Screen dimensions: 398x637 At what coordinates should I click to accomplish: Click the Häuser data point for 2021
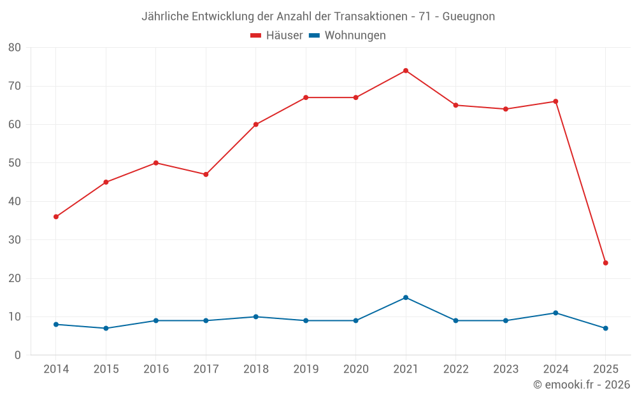point(405,71)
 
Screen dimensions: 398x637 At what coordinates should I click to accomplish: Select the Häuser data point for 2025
point(605,263)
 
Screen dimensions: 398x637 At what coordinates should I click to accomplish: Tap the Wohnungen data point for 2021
point(405,297)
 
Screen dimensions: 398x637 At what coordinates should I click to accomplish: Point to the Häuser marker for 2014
point(56,217)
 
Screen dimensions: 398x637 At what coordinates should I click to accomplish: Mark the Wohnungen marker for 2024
point(555,313)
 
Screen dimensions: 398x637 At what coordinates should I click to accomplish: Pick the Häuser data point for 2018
point(255,124)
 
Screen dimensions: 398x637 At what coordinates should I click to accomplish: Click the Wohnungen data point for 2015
point(106,328)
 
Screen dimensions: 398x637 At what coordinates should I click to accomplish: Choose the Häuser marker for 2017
point(206,174)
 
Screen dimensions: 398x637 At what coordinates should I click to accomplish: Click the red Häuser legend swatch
point(256,36)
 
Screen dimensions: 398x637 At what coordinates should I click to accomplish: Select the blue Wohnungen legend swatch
point(313,36)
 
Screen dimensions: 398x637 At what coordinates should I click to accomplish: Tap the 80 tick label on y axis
point(15,48)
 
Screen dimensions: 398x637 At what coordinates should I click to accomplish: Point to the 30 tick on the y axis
point(15,240)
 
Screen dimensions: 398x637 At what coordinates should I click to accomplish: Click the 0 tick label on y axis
point(18,355)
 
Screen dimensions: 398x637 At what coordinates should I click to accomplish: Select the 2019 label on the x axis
point(305,369)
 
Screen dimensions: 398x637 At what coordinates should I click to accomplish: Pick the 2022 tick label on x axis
point(455,369)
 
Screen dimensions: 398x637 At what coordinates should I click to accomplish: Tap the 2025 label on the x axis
point(605,369)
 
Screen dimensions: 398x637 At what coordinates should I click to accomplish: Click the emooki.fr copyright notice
point(581,385)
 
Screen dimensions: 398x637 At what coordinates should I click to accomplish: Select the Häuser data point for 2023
point(505,109)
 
